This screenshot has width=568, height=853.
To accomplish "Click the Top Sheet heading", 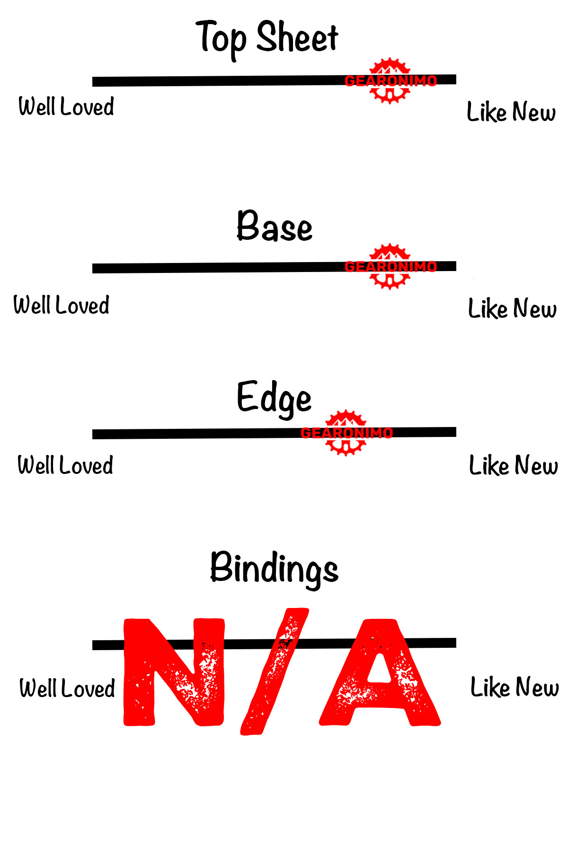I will click(267, 38).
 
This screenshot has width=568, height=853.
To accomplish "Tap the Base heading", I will click(275, 227).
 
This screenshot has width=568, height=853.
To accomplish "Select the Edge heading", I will click(274, 398).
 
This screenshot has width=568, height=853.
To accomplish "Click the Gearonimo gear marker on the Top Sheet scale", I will click(390, 81).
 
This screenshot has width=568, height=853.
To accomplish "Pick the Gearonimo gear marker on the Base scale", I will click(390, 266).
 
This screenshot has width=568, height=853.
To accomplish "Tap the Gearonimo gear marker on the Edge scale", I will click(346, 433).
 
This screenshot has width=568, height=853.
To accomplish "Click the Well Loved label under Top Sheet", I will click(66, 107).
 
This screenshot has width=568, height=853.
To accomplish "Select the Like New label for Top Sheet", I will click(511, 112).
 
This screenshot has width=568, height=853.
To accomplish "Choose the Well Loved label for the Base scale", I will click(62, 305).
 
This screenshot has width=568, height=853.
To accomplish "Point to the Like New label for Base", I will click(512, 309).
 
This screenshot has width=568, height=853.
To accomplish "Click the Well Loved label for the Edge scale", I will click(65, 465).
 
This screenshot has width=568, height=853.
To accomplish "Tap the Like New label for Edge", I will click(513, 465).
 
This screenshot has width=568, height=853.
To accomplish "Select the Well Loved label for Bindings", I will click(67, 689).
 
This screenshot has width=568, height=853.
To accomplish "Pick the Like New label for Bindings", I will click(515, 688).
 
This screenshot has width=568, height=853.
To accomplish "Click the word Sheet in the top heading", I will click(297, 38).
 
